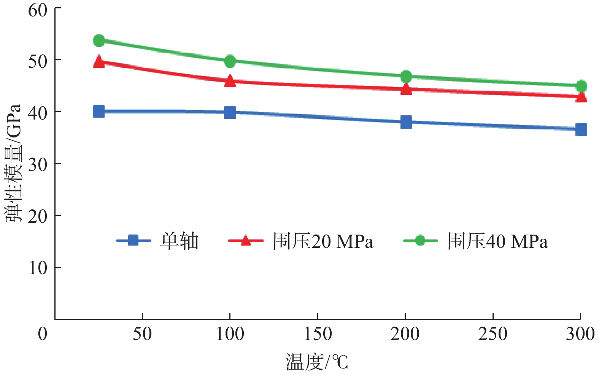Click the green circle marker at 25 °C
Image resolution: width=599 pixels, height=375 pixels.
(99, 40)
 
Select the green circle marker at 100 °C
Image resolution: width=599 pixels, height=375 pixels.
(230, 61)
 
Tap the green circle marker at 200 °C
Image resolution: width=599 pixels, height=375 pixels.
(406, 76)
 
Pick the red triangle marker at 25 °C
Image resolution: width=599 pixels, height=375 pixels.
(99, 62)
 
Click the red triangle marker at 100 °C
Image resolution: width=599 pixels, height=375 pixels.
(230, 81)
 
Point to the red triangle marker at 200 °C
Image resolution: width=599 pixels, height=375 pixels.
(406, 89)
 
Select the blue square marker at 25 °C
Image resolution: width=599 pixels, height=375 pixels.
(99, 111)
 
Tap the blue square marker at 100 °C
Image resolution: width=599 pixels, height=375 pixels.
(230, 112)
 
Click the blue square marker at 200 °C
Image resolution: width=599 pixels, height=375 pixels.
(406, 122)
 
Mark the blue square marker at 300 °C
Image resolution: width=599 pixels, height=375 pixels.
(581, 129)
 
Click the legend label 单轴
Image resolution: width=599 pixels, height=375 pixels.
(179, 241)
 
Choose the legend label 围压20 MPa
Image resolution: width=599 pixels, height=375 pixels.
(323, 241)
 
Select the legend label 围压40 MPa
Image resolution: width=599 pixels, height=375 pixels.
(497, 241)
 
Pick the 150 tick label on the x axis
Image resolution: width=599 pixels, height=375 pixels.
(318, 334)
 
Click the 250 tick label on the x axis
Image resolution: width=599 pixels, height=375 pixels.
(493, 334)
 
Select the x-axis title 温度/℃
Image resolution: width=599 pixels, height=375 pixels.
(317, 362)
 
